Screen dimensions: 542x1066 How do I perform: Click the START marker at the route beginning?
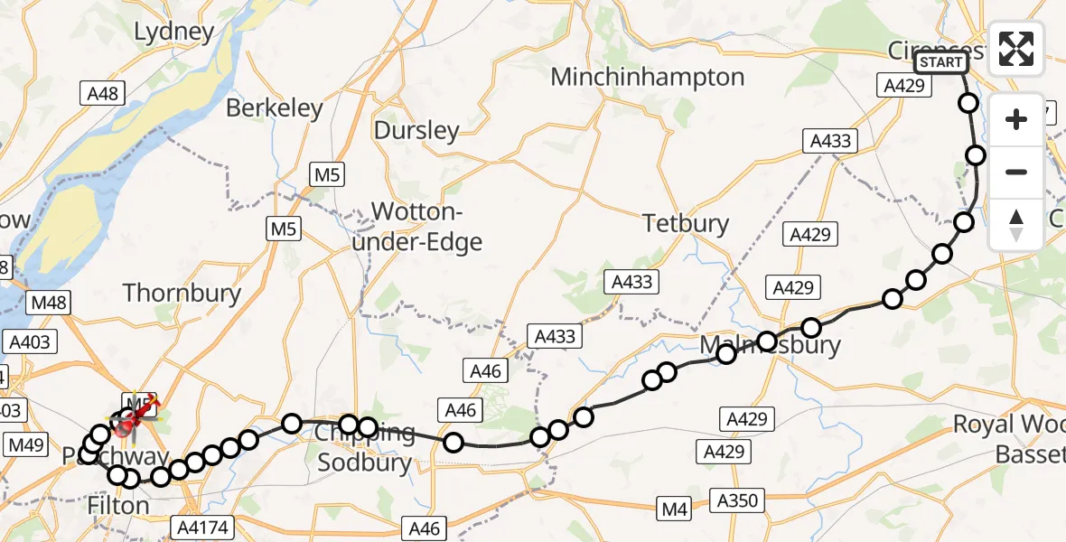(x=941, y=62)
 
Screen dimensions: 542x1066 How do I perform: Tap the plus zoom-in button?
(x=1016, y=120)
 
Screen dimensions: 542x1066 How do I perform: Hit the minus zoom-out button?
(x=1016, y=172)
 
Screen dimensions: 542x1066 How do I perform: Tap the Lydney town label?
(x=174, y=33)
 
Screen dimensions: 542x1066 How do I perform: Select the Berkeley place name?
(x=274, y=108)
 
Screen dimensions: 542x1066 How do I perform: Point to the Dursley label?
(x=416, y=131)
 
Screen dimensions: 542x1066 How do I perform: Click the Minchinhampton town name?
(x=648, y=78)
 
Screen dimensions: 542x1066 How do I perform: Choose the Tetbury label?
(x=685, y=223)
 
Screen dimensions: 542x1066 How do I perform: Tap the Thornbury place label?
(x=182, y=293)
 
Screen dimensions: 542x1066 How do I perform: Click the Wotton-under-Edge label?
(x=427, y=228)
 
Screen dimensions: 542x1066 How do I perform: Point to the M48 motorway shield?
(x=49, y=303)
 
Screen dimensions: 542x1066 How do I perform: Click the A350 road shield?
(x=738, y=500)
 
